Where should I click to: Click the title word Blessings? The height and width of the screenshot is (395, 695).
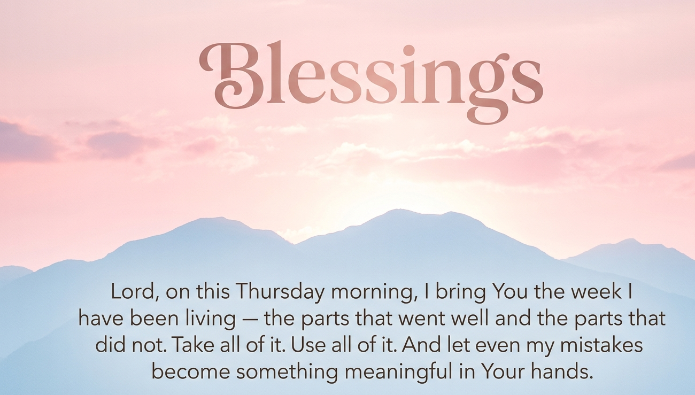pyautogui.click(x=370, y=78)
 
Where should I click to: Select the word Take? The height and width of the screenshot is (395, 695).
pyautogui.click(x=192, y=345)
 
